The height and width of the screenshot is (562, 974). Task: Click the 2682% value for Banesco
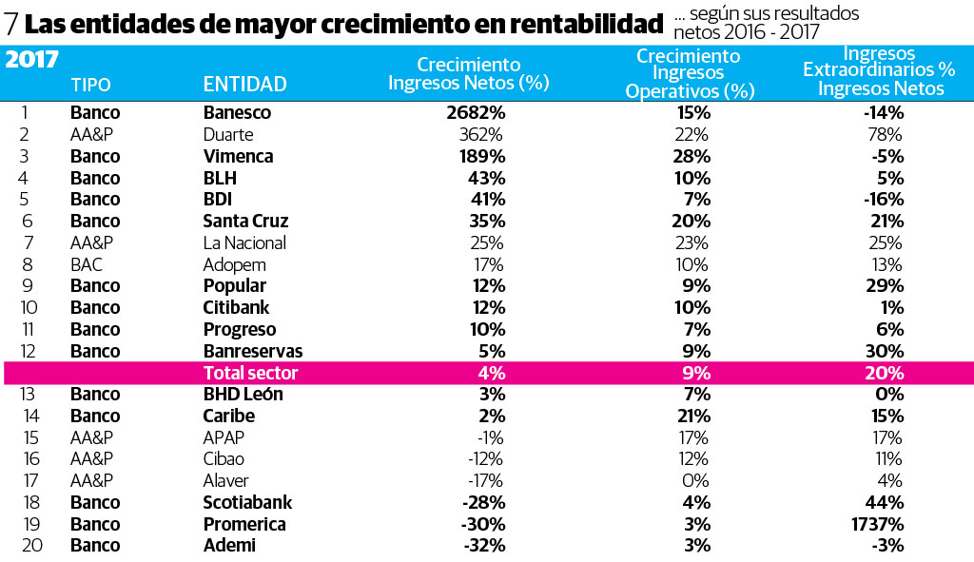(475, 112)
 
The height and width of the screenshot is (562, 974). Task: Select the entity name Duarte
(227, 134)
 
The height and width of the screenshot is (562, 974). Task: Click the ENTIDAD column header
(244, 84)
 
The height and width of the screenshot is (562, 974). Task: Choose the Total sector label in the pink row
(250, 373)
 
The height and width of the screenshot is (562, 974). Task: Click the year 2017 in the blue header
(31, 60)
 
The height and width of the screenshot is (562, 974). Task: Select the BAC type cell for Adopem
(86, 264)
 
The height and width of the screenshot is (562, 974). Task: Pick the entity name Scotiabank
(247, 502)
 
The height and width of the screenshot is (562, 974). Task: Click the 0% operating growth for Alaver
(696, 481)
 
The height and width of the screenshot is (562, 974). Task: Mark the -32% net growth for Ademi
(483, 546)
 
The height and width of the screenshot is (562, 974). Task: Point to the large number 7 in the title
(12, 23)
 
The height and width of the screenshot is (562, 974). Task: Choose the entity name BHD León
(243, 394)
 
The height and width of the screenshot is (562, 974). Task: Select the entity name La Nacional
(244, 242)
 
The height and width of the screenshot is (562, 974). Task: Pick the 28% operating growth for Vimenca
(693, 156)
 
